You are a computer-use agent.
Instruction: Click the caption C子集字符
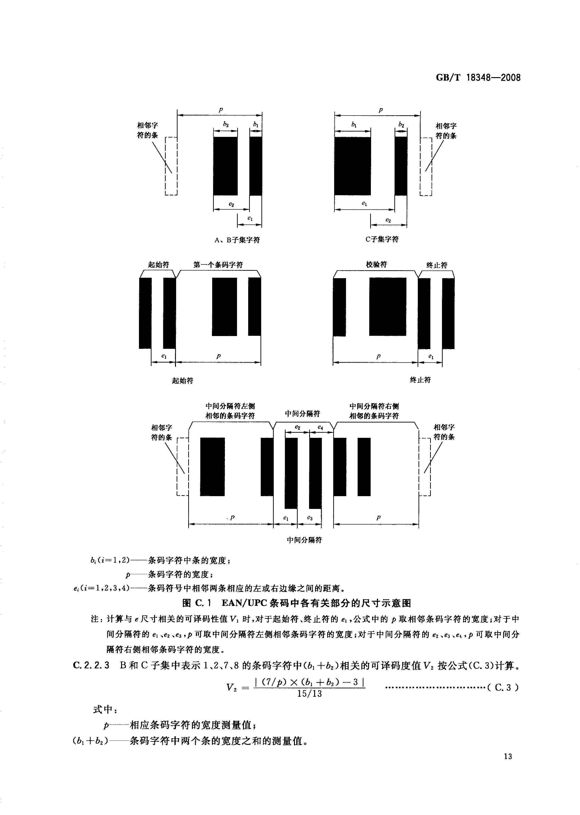tap(382, 239)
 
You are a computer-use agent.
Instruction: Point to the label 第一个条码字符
tap(218, 265)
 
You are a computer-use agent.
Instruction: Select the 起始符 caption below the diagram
tap(182, 381)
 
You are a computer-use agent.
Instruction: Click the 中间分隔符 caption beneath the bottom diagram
tap(304, 540)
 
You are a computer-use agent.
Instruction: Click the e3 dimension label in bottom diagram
tap(310, 518)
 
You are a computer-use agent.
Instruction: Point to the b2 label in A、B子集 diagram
tap(226, 124)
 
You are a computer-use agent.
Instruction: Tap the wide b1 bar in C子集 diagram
tap(353, 166)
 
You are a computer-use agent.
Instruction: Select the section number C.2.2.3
tap(91, 665)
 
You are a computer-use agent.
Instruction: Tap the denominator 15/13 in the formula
tap(309, 694)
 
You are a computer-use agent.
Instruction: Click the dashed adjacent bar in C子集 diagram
tap(426, 166)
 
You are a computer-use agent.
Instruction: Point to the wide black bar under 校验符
tap(388, 307)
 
